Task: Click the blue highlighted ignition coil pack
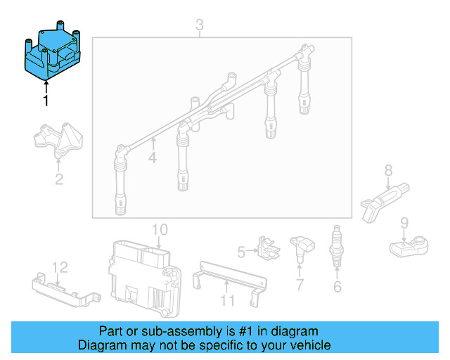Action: [53, 53]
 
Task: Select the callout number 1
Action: [46, 101]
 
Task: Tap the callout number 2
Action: [59, 179]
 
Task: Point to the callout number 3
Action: [200, 26]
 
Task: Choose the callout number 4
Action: [153, 158]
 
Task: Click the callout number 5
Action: [242, 251]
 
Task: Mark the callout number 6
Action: [337, 286]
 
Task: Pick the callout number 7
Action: [300, 285]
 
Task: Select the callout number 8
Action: [387, 169]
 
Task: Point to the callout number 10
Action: [160, 229]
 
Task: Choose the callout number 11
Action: [227, 302]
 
